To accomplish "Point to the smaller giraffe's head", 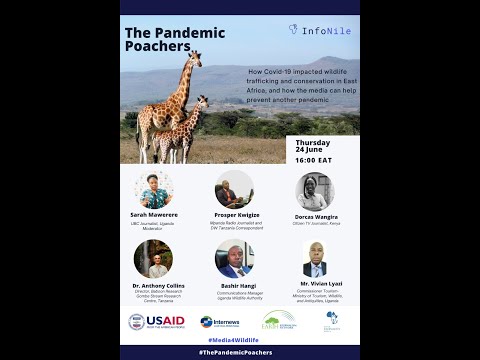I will coord(204,100).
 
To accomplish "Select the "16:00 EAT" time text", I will coord(313,160).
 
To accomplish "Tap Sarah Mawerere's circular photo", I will coord(153,189).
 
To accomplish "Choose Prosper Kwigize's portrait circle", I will coord(234,189).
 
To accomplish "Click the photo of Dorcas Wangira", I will coord(314,191).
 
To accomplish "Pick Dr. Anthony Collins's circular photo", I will coord(153,258).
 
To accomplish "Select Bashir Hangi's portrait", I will coord(234,258).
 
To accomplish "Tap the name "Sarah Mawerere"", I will coord(153,214).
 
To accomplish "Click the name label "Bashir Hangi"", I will coord(234,284).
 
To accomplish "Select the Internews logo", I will coord(220,322).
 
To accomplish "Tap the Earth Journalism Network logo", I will coord(279,320).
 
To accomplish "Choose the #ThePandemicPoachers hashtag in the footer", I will coord(240,353).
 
